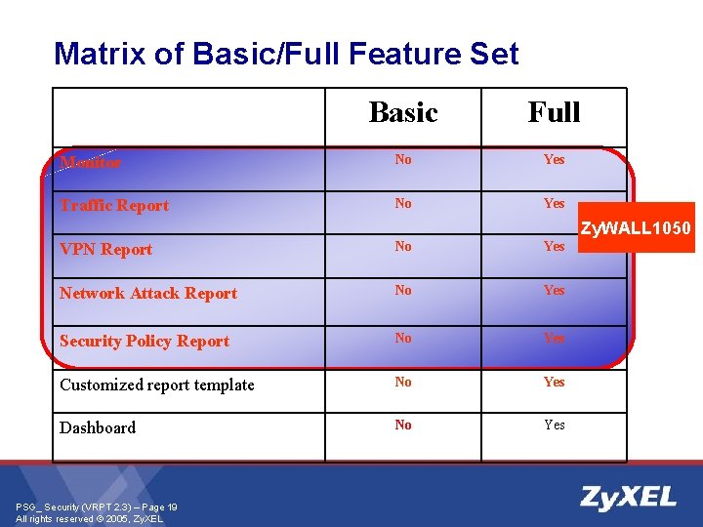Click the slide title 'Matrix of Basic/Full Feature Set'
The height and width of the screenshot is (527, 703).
286,53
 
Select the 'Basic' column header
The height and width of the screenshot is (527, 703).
402,112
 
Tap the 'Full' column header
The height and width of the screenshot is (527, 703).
554,112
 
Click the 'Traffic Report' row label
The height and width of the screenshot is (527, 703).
114,205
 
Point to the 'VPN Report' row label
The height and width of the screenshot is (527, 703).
105,249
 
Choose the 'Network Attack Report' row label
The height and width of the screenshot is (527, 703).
148,293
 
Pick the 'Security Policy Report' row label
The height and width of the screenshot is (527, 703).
145,341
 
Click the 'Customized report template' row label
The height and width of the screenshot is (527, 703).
156,385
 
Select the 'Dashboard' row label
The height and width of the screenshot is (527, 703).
98,427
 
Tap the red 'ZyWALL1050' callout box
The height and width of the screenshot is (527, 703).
636,228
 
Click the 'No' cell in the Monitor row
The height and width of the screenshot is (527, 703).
402,159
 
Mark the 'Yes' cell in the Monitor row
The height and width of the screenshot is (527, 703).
554,159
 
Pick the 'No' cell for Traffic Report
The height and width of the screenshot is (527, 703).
402,203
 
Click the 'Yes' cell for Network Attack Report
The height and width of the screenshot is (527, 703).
554,290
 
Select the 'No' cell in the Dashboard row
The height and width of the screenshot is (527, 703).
402,425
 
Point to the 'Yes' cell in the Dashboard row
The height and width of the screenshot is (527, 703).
554,425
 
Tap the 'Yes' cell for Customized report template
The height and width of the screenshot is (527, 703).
554,382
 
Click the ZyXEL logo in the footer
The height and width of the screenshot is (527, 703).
628,498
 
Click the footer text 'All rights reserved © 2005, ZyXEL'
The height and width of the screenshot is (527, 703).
90,518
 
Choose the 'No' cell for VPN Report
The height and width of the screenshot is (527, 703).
402,246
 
